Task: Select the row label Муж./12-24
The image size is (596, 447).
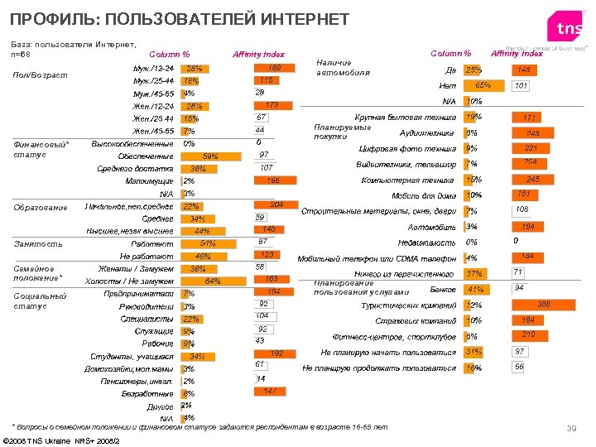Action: point(153,68)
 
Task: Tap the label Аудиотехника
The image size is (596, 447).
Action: point(426,132)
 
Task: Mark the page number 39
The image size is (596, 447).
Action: point(570,427)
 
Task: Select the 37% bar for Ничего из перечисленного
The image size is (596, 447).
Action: point(476,274)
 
